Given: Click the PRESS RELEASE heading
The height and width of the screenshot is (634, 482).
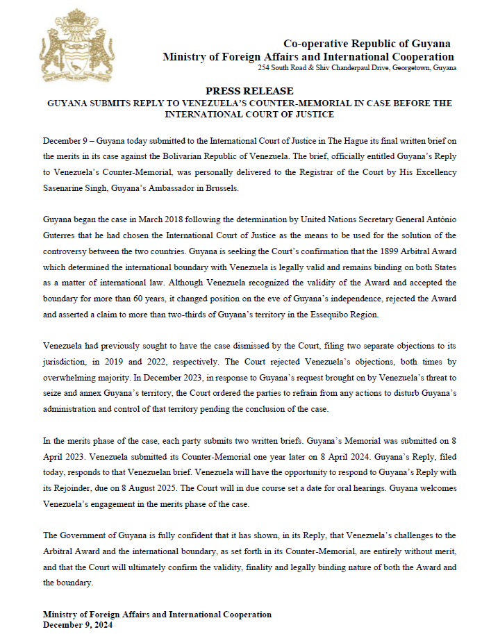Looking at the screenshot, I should click(x=249, y=91).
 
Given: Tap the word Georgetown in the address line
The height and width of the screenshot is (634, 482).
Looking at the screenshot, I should click(x=413, y=69).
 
